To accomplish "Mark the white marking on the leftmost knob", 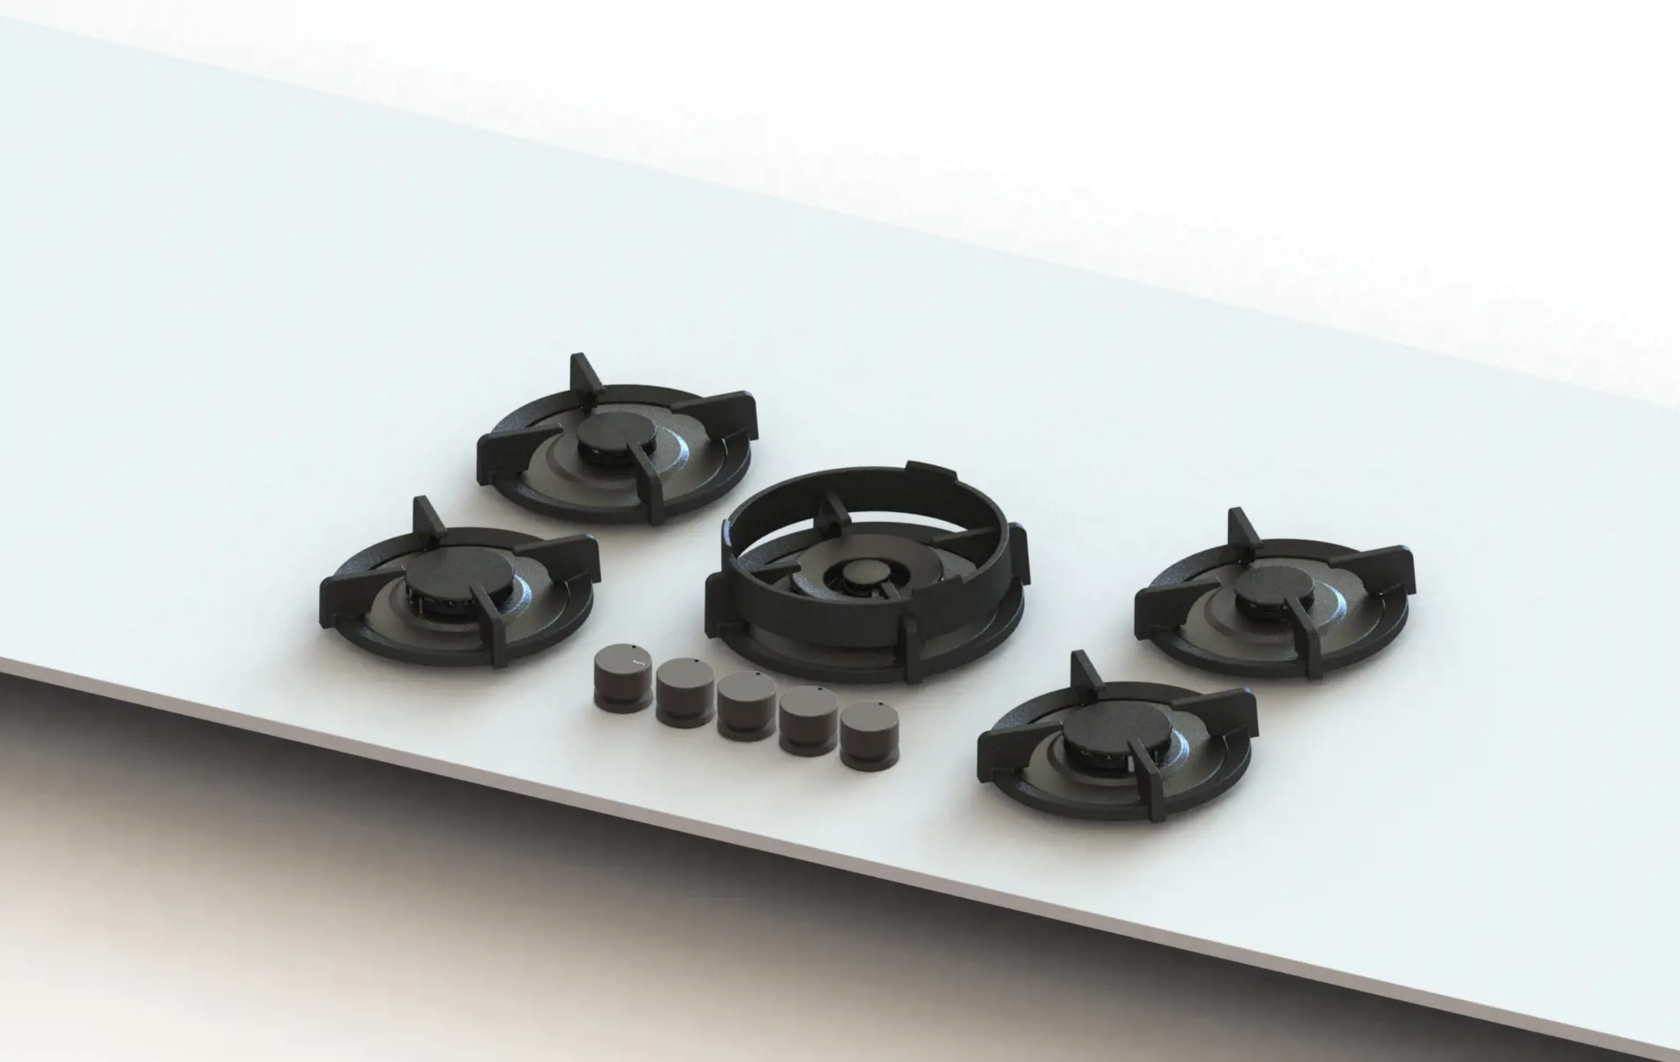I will click(x=637, y=659).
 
